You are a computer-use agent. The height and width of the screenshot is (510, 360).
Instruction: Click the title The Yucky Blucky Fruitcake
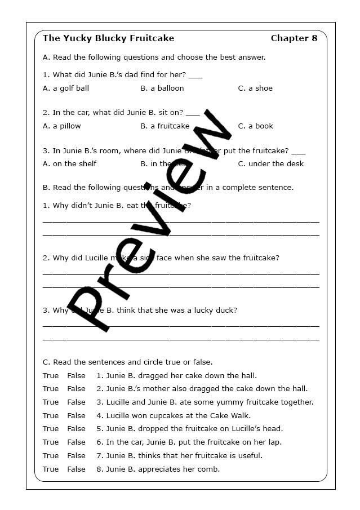109,38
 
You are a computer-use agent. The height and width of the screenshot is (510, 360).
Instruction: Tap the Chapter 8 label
294,38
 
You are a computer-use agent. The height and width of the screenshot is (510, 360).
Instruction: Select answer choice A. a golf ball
66,88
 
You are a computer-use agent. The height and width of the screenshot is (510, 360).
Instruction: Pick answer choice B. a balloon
162,88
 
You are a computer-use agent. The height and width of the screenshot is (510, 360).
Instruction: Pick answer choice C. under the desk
270,163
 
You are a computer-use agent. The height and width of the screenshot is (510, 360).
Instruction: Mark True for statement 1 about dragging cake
51,375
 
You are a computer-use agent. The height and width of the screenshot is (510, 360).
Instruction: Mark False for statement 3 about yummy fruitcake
77,402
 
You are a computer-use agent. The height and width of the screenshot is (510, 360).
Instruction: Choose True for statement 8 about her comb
51,469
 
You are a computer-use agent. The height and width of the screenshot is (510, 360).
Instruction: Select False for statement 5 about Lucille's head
77,428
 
